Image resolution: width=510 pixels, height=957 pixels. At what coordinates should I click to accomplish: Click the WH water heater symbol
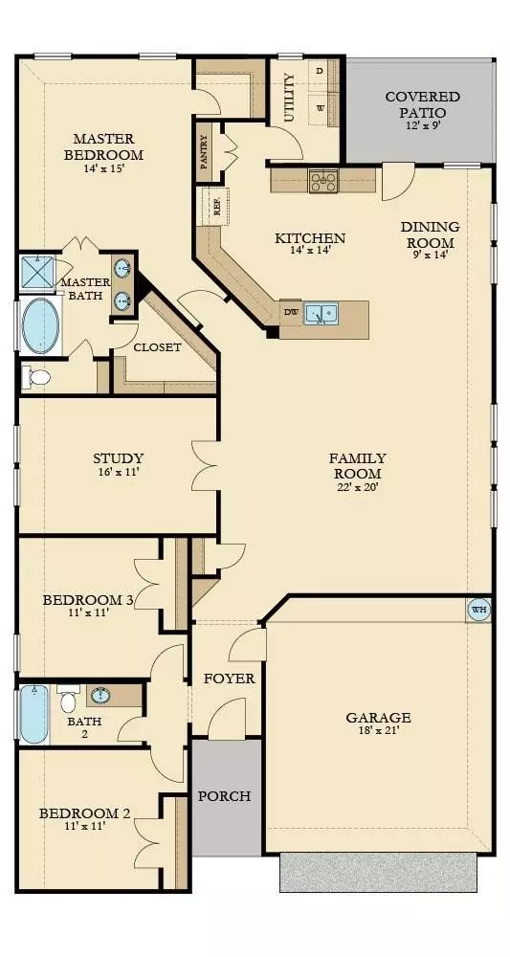pos(477,609)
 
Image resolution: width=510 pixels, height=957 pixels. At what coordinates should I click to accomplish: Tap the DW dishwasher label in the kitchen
pos(291,312)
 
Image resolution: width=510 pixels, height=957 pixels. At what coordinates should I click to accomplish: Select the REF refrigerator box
pos(217,205)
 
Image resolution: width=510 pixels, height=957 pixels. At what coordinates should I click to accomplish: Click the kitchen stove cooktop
pos(322,180)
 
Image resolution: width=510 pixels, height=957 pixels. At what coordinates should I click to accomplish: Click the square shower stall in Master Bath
pos(38,273)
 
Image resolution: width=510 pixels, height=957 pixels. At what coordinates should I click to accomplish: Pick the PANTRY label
pos(204,151)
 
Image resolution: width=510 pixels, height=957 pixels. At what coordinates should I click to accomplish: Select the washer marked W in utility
pos(321,107)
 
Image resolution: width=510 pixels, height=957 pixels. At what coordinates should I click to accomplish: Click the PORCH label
pos(224,795)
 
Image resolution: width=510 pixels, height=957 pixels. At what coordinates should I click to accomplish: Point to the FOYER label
pos(230,679)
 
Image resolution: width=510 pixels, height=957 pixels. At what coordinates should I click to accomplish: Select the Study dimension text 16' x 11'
pos(118,472)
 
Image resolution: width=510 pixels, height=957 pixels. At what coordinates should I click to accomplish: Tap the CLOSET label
pos(157,347)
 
